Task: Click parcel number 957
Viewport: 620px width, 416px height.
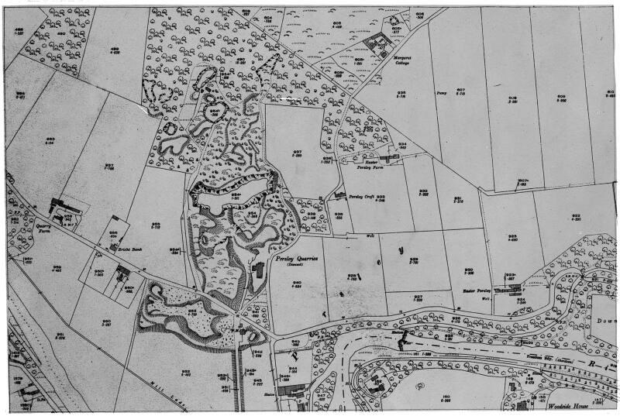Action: coord(109,167)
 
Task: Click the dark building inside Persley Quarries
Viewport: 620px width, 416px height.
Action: coord(258,268)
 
